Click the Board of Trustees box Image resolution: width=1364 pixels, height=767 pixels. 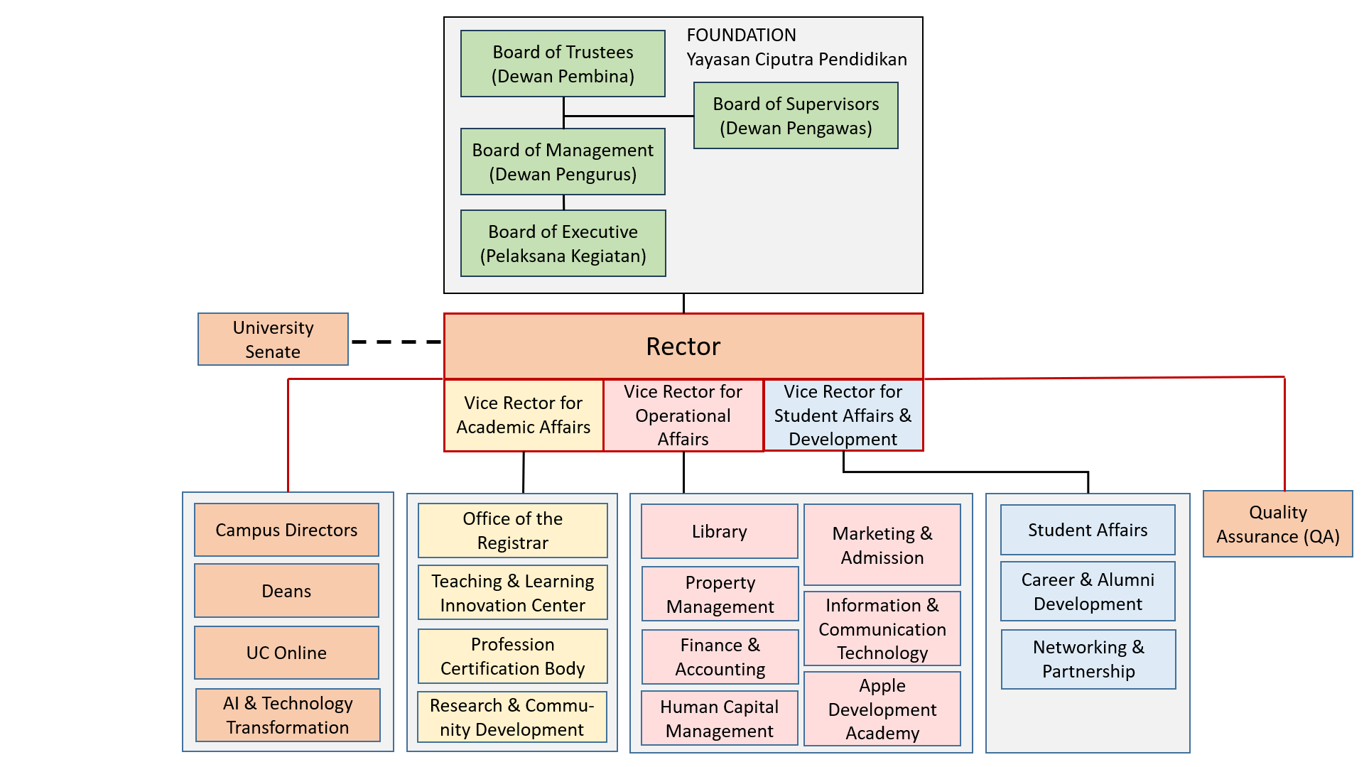pos(563,64)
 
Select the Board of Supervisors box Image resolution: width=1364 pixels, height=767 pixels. pos(796,116)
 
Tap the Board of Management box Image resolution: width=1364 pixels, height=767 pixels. pos(563,162)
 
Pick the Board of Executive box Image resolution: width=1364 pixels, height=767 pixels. pos(563,244)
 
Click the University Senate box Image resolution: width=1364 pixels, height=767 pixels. pos(273,339)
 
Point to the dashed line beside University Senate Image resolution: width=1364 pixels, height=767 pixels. pos(396,342)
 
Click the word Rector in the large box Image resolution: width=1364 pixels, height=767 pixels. pos(683,347)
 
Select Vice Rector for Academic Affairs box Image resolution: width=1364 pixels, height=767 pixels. pos(524,415)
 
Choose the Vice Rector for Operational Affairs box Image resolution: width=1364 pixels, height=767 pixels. pos(683,415)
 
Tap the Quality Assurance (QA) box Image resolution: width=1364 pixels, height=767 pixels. pos(1277,524)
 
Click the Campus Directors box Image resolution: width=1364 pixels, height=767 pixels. pos(286,531)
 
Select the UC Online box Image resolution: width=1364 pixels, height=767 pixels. pos(286,653)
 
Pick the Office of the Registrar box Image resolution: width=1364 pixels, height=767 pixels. pos(512,531)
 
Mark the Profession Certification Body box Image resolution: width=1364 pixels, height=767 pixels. pos(512,656)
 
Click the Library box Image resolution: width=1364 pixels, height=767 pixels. pos(719,532)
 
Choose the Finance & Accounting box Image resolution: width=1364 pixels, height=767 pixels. pos(720,657)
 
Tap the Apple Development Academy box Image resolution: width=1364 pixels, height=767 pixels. pos(882,709)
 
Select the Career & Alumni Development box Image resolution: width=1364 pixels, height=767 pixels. pos(1088,592)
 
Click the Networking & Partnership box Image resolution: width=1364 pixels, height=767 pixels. pos(1088,659)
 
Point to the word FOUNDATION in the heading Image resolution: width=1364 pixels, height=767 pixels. pos(741,36)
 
